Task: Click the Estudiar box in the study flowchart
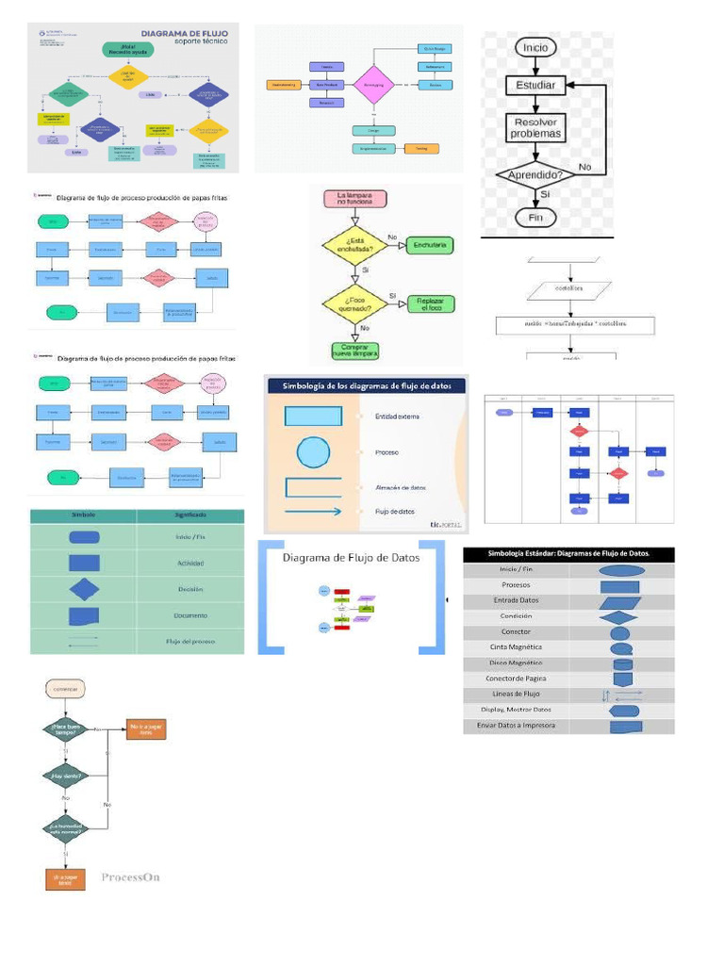535,85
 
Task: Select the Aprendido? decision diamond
535,175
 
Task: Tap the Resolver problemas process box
535,127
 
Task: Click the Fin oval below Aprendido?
535,218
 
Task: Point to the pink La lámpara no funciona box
354,199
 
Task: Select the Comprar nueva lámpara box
354,350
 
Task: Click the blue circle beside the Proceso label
313,453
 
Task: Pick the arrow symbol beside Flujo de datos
313,512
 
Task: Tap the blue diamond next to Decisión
84,590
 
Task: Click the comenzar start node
65,689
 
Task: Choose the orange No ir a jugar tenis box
146,728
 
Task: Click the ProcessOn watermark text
130,876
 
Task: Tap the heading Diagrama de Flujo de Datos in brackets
352,558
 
